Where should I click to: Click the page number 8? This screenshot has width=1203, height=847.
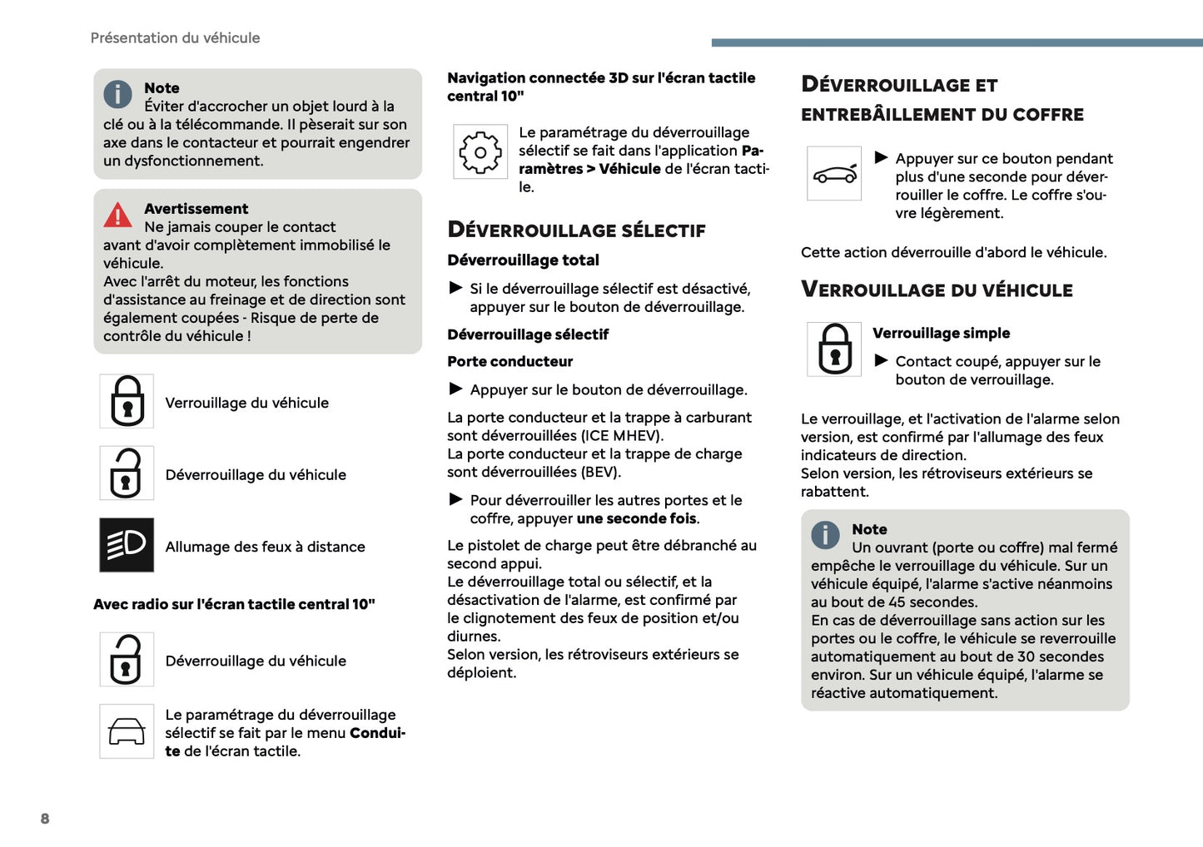(45, 819)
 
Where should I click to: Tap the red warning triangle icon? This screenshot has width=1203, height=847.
(117, 215)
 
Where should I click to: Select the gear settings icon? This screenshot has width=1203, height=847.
(480, 152)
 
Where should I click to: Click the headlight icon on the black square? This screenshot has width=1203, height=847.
(127, 545)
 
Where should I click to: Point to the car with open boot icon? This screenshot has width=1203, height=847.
(834, 174)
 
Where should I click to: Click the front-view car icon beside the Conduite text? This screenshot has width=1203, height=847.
(127, 731)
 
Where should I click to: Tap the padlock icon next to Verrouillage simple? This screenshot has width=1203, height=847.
(834, 349)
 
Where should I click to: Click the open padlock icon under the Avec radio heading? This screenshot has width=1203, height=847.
(127, 659)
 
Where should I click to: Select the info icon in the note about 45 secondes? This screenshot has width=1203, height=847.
(825, 535)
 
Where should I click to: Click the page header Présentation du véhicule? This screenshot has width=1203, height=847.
(175, 38)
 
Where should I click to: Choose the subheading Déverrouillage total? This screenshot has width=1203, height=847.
(523, 260)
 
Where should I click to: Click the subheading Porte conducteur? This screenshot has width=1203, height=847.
(510, 362)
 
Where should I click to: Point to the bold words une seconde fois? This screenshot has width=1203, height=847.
(636, 518)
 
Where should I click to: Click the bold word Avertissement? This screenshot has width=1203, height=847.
(196, 209)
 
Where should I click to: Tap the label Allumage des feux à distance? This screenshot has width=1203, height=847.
(265, 547)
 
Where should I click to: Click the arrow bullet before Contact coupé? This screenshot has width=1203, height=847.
(881, 360)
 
